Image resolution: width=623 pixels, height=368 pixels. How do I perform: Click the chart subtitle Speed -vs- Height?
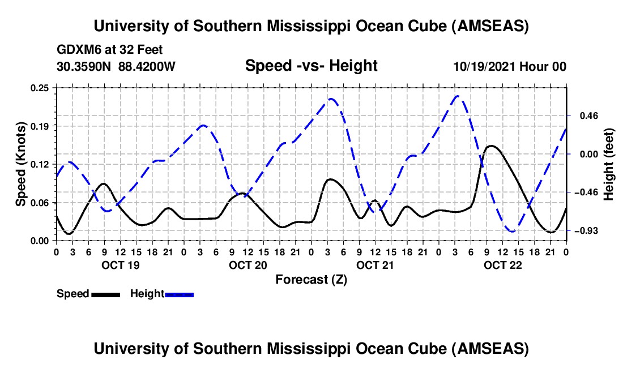311,66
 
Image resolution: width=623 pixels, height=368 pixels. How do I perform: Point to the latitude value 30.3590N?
84,66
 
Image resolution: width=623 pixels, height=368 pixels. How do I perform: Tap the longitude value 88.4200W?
147,66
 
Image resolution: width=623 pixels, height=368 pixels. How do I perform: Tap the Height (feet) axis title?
609,164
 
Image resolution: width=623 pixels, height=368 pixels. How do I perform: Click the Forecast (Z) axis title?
311,279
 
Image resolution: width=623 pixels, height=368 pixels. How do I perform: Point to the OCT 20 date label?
248,265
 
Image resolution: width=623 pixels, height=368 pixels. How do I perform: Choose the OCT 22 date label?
502,265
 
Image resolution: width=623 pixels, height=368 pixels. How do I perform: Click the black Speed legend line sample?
105,294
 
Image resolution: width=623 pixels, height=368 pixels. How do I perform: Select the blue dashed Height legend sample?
179,294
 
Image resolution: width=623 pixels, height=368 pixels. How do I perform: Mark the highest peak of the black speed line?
491,146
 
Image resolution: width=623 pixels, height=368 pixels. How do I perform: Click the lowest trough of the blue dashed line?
513,232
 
